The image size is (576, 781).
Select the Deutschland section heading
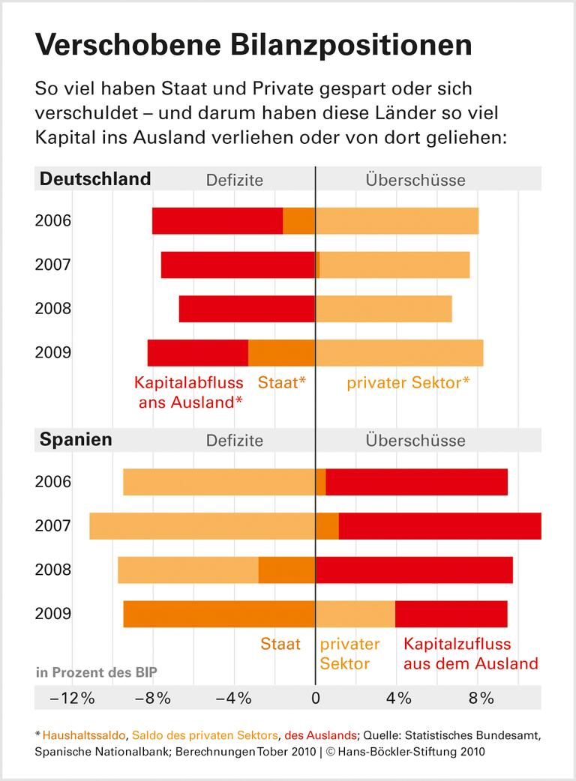coord(94,179)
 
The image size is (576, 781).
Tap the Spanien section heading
coord(75,439)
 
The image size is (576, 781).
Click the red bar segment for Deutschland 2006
coord(217,220)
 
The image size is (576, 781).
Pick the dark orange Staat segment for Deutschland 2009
coord(281,352)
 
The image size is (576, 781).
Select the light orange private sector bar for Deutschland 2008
coord(383,309)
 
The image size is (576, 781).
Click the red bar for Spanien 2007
coord(439,525)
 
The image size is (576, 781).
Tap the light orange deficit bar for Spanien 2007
coord(202,525)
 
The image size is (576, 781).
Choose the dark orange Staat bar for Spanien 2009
coord(219,614)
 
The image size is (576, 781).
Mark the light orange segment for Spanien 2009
coord(355,614)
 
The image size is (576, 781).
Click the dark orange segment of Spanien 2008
coord(286,570)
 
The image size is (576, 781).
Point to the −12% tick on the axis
coord(72,699)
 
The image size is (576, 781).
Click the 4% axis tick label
coord(398,699)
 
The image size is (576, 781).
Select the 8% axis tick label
coord(481,699)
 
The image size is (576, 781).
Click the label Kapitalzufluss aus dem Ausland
coord(470,654)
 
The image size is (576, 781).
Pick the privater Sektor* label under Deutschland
coord(408,383)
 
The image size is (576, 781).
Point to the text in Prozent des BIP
coord(97,672)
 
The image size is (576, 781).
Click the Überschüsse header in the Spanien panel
coord(415,440)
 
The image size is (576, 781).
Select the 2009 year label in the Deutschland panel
coord(52,352)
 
